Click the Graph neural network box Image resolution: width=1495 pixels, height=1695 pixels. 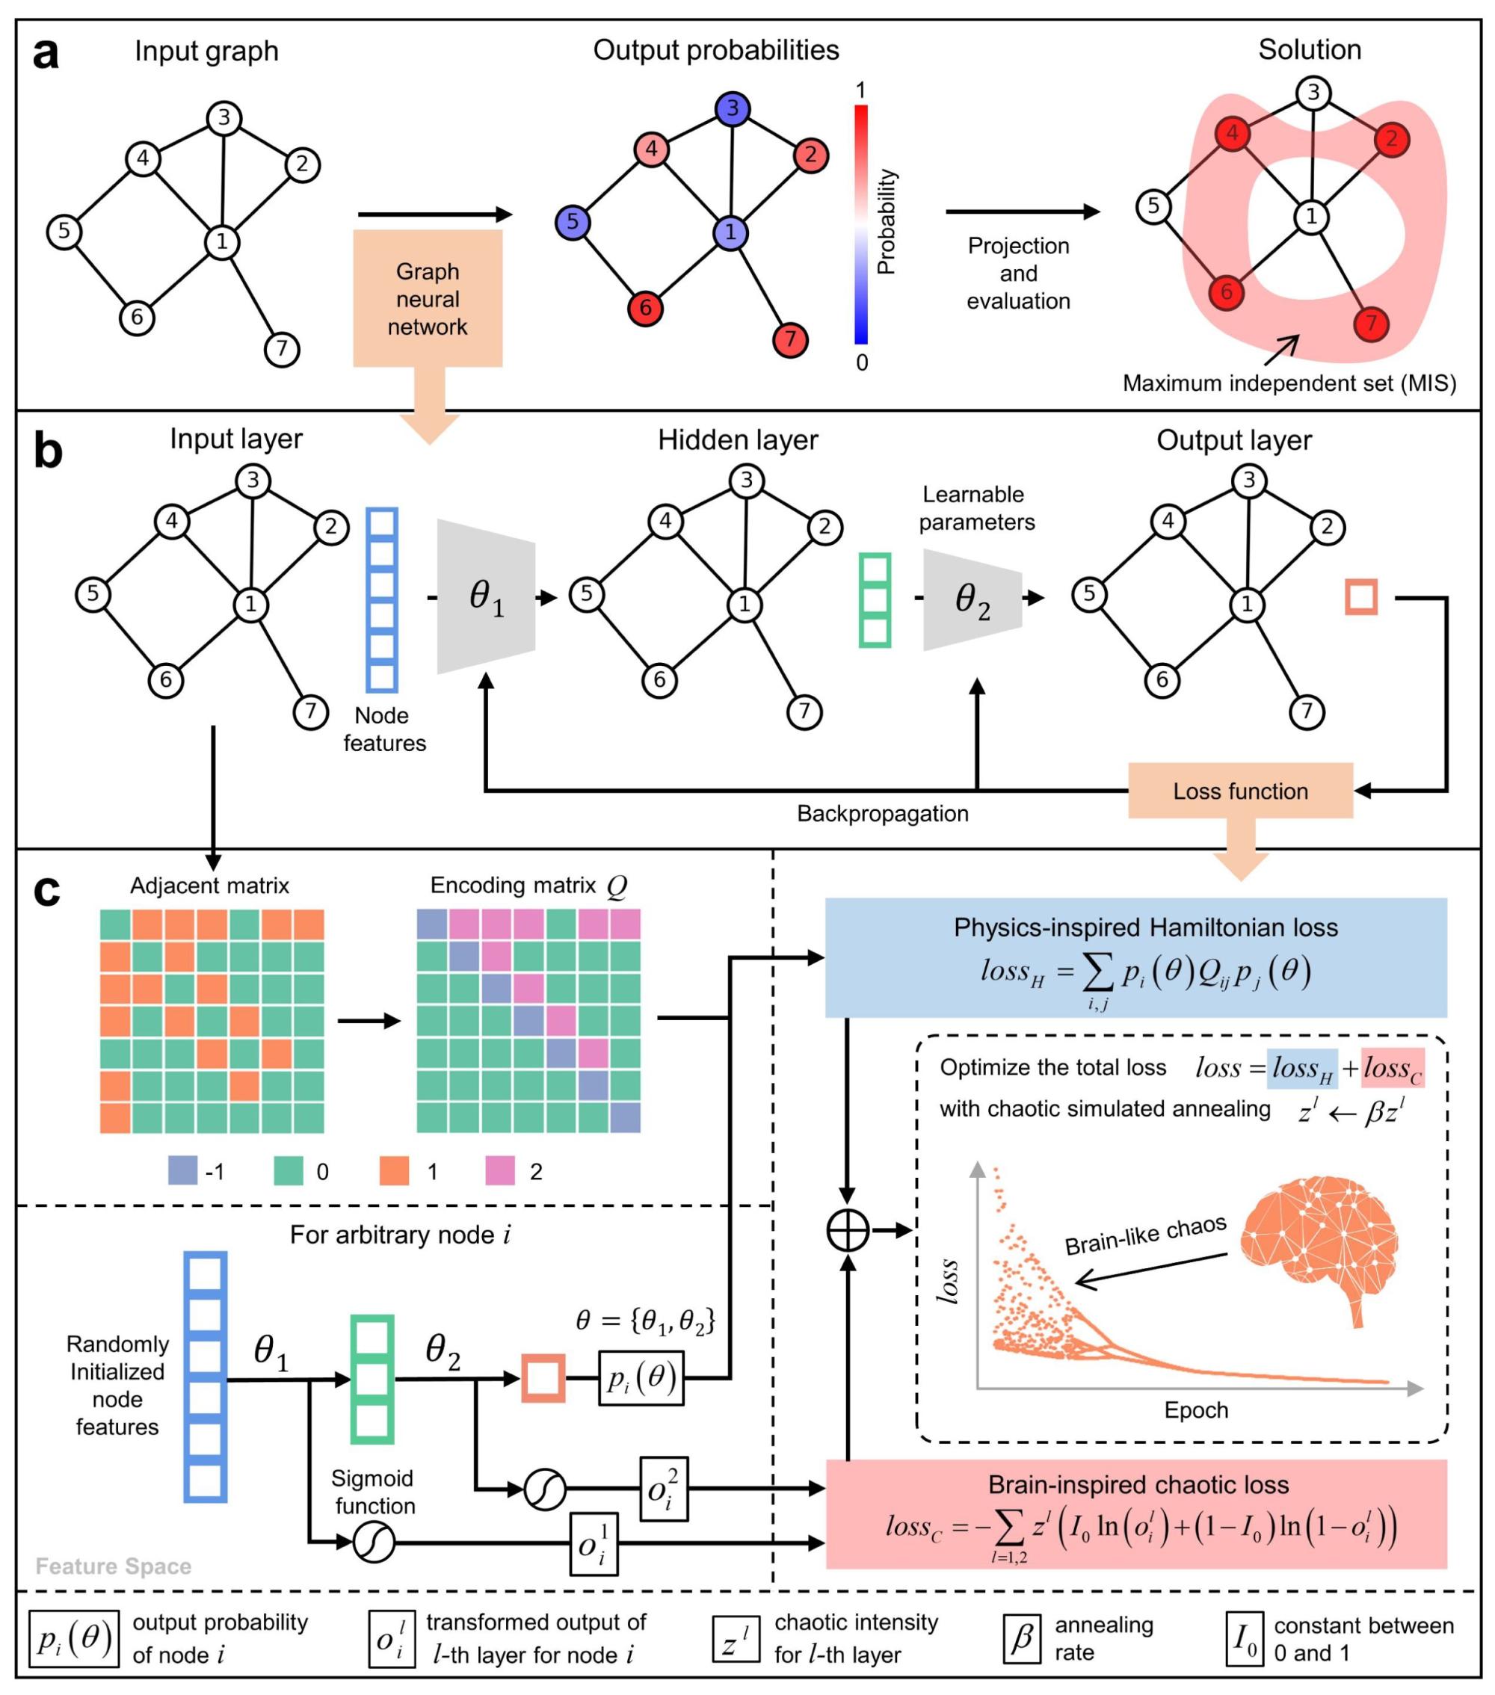pos(428,298)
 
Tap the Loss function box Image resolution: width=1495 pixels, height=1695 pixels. pos(1239,790)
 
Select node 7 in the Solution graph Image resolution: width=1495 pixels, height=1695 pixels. pos(1371,323)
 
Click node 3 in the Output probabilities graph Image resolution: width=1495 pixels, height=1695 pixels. pos(733,108)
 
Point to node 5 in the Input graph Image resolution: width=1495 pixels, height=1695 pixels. pos(64,230)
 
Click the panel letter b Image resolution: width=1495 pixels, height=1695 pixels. pos(48,452)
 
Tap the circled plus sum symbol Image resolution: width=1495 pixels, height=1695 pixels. pos(848,1231)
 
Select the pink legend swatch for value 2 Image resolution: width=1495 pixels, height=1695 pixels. pos(500,1170)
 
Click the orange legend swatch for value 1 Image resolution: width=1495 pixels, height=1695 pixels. pos(394,1170)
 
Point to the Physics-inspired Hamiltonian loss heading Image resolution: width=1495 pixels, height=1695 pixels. pos(1145,927)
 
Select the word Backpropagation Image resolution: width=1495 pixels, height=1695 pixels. pos(882,814)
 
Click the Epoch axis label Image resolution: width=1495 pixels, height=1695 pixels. pos(1195,1410)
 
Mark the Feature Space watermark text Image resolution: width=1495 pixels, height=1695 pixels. pos(114,1566)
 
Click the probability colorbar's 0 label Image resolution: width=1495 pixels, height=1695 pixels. pos(862,362)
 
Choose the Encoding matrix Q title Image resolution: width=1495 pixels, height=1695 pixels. pos(528,886)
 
